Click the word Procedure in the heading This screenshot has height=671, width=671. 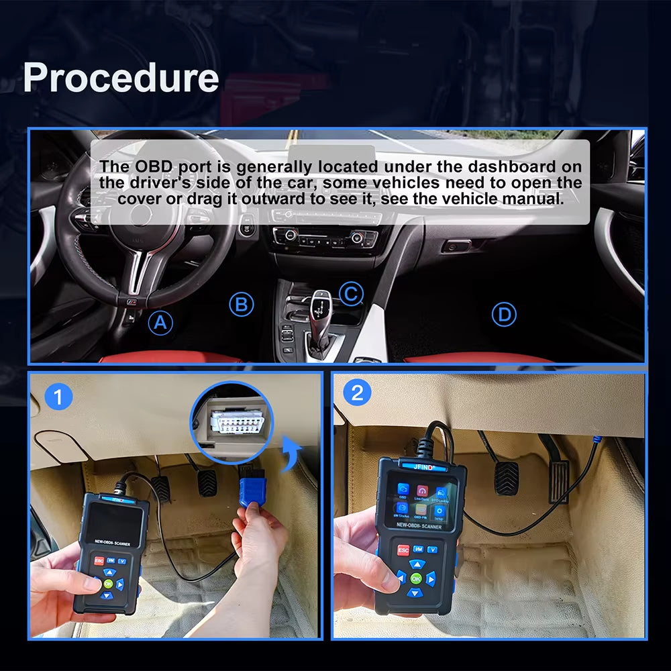point(121,78)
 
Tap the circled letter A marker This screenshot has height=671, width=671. point(160,323)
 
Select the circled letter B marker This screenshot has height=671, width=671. point(242,305)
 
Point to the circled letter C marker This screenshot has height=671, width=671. point(350,293)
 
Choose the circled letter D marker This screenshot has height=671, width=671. point(503,313)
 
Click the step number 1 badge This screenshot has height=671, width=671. point(58,397)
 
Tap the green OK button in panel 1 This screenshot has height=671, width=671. point(108,584)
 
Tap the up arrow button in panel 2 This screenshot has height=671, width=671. point(416,564)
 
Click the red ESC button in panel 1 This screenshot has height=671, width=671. point(99,560)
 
